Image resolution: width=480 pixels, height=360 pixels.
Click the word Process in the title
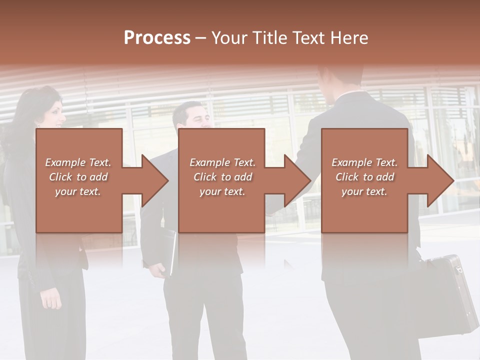coord(157,38)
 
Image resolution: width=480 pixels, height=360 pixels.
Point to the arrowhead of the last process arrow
coord(439,180)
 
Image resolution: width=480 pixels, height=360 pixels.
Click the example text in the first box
coord(78,177)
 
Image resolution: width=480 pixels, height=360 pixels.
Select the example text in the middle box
coord(222,177)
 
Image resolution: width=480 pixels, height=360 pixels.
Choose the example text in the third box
coord(364,177)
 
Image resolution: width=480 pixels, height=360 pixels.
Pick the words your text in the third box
coord(364,191)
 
